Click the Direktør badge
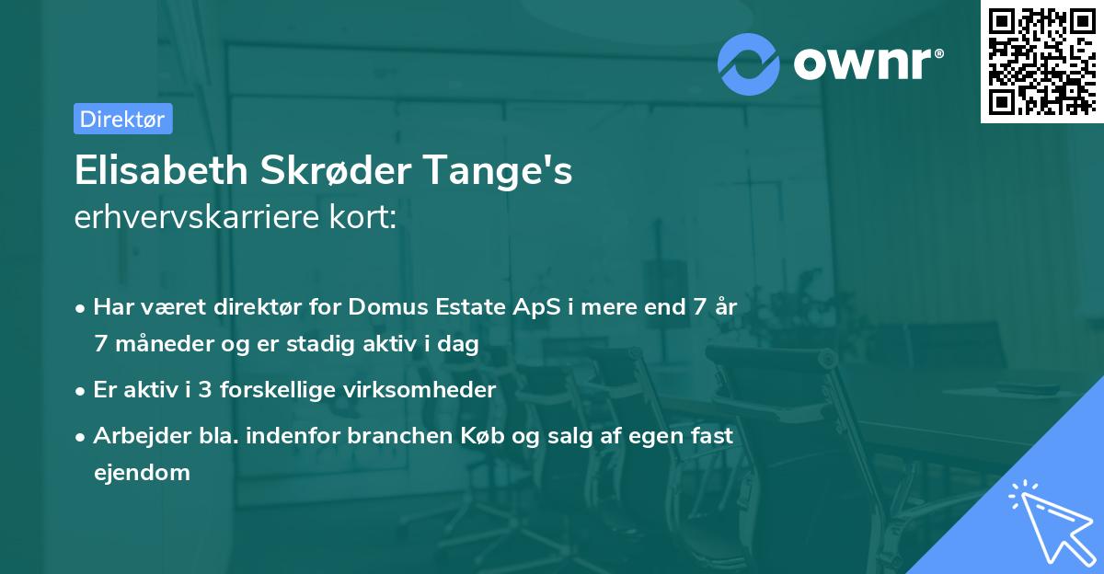pos(122,119)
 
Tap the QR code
pos(1041,61)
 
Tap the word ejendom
pos(142,473)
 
